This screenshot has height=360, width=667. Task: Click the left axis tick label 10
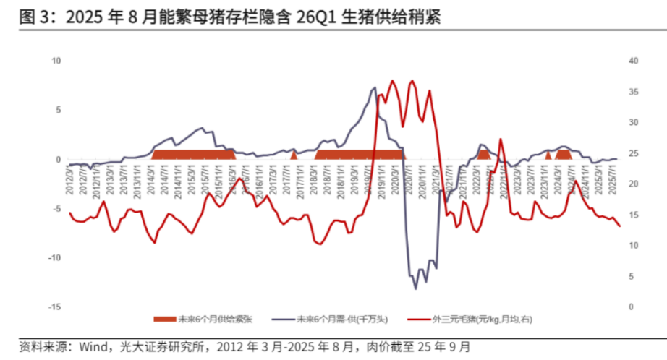[56, 61]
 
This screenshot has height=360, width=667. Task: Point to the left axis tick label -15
[54, 307]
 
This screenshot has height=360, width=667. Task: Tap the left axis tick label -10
[54, 258]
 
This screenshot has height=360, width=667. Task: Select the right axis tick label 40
[634, 61]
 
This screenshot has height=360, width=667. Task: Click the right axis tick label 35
[634, 92]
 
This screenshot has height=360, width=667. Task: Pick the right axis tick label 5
[632, 277]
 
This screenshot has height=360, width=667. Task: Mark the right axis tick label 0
[632, 307]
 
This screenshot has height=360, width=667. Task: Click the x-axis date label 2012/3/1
[69, 177]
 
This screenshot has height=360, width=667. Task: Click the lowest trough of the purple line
[415, 288]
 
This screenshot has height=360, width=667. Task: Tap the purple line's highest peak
[375, 88]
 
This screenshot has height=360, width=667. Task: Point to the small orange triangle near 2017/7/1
[294, 155]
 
